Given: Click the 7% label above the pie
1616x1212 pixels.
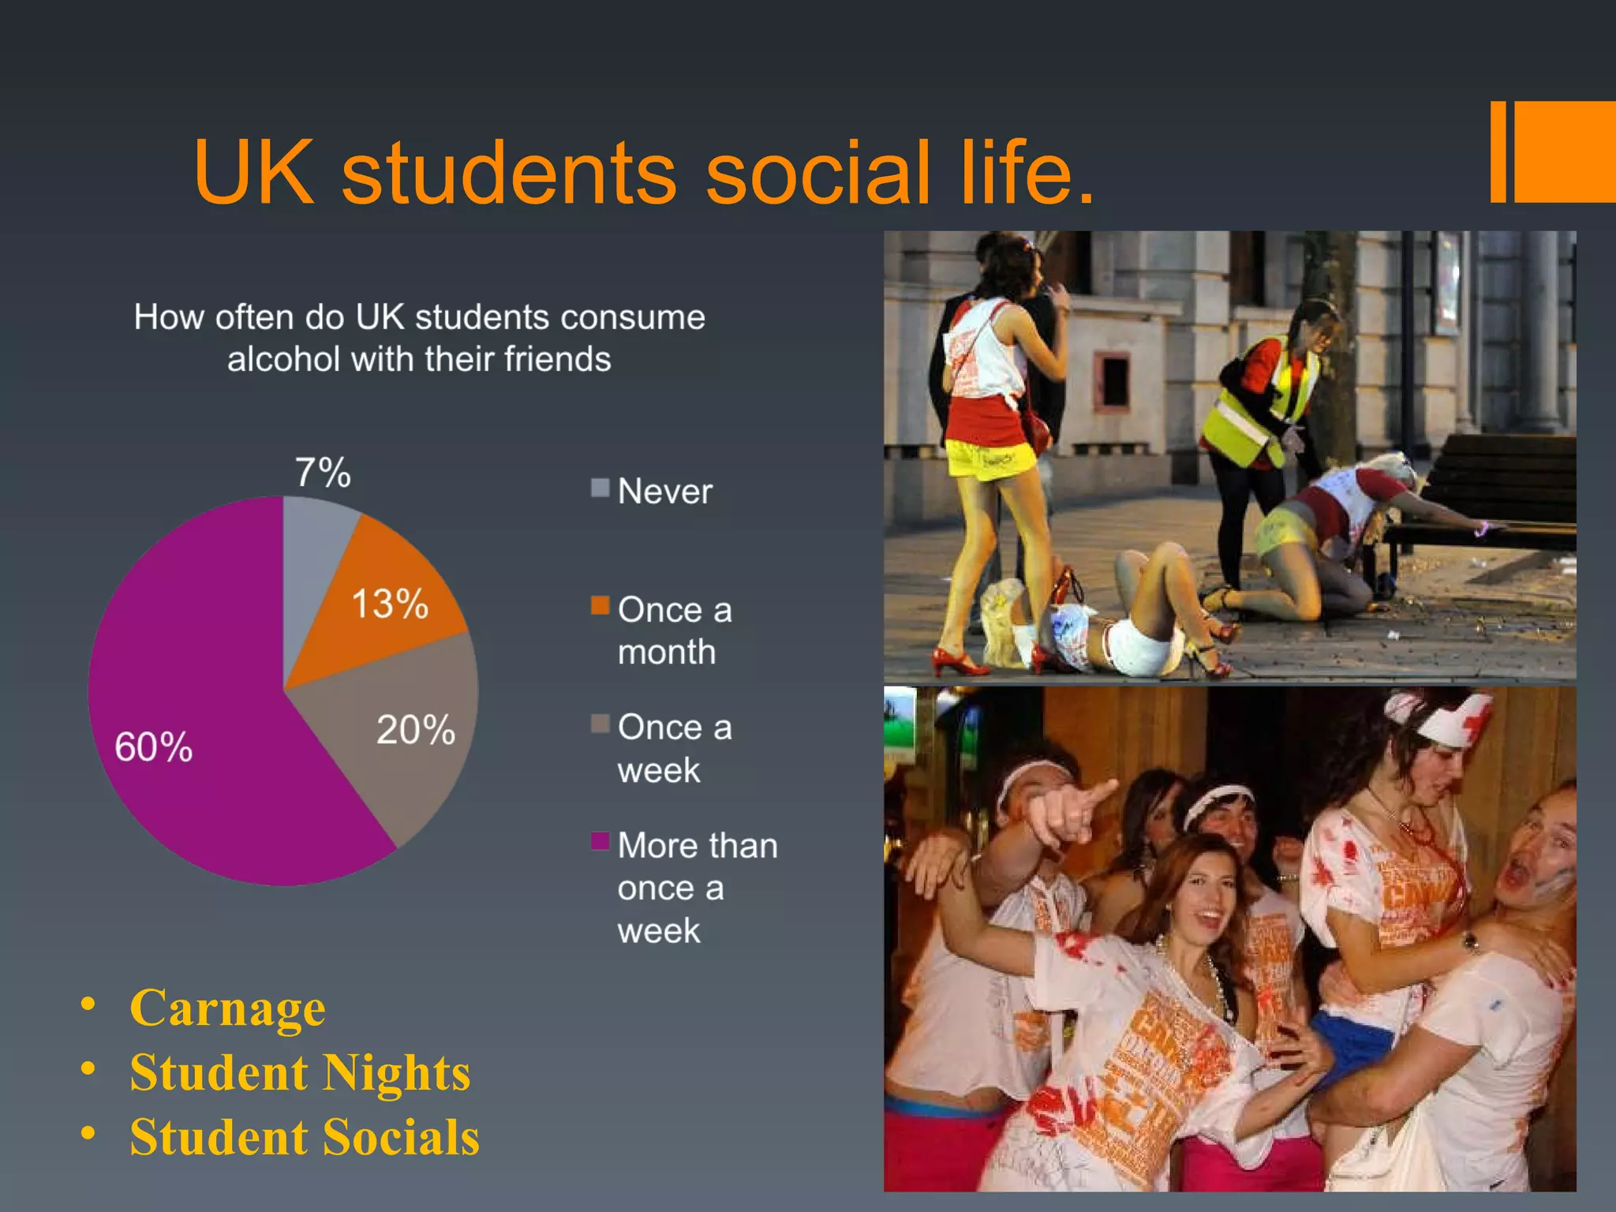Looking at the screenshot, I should [x=323, y=473].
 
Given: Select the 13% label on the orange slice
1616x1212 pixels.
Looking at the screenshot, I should [x=390, y=604].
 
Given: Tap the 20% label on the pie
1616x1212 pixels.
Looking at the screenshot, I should [x=416, y=730].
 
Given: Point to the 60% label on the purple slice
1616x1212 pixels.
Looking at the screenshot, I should [x=154, y=746].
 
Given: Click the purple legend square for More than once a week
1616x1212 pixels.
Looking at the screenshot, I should [x=600, y=841].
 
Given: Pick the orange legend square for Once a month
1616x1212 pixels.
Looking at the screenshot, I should [x=600, y=606].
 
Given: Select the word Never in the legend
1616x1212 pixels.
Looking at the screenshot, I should [x=665, y=492].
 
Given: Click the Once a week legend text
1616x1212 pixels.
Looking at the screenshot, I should [x=674, y=748].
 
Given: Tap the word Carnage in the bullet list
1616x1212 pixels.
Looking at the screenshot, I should [x=227, y=1008].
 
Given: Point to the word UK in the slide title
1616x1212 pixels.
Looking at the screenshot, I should [x=252, y=173].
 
